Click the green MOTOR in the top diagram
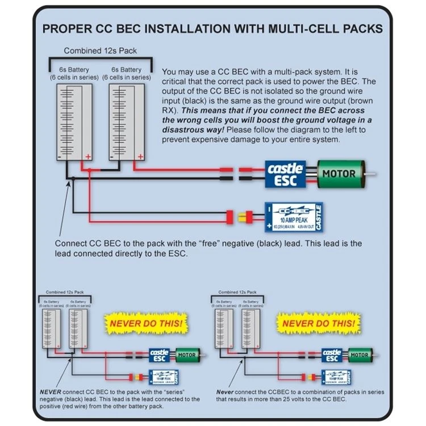(339, 173)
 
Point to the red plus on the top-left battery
(88, 156)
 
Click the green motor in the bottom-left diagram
(186, 355)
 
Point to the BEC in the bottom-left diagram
(164, 376)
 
